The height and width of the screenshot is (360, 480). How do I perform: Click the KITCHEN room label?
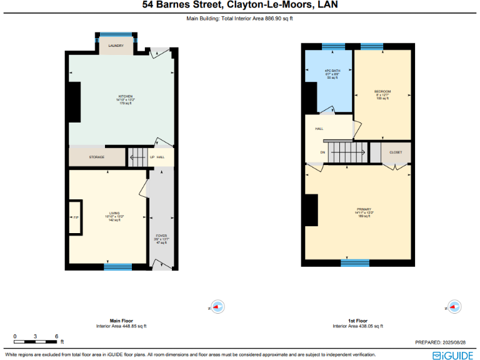(x=125, y=96)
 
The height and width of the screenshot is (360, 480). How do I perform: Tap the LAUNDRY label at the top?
(x=116, y=46)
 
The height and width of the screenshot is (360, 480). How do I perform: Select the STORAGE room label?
(x=96, y=157)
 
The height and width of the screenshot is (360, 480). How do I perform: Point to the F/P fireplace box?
(x=76, y=217)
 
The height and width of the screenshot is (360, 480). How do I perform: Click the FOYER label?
(x=161, y=236)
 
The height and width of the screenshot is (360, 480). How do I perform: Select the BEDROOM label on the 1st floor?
(x=383, y=92)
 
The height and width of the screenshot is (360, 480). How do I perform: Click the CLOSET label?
(x=396, y=152)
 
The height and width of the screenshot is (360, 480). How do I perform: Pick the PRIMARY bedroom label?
(x=364, y=209)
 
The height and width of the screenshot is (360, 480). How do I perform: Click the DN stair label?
(x=323, y=152)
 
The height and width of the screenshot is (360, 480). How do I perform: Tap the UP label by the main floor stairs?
(x=152, y=157)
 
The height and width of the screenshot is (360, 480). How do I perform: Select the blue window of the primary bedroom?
(x=355, y=262)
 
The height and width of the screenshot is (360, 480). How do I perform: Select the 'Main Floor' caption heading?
(x=121, y=321)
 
